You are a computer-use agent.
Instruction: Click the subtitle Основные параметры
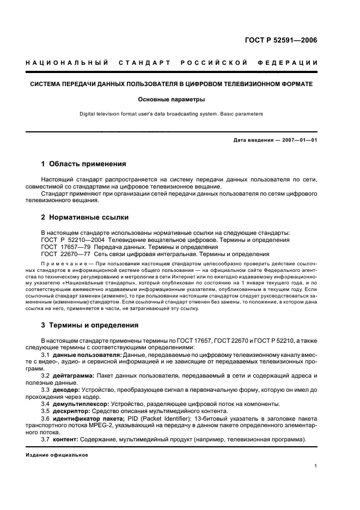[171, 100]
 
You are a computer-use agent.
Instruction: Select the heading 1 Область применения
[84, 164]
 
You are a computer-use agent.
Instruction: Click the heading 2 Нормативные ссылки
[85, 217]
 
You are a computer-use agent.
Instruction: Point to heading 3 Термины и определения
[90, 325]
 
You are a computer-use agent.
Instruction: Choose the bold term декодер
[66, 390]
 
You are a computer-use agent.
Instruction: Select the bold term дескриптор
[72, 411]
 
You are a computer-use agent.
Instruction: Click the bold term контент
[66, 439]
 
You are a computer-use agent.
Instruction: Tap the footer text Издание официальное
[57, 454]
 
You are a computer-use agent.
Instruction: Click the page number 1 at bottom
[316, 466]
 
